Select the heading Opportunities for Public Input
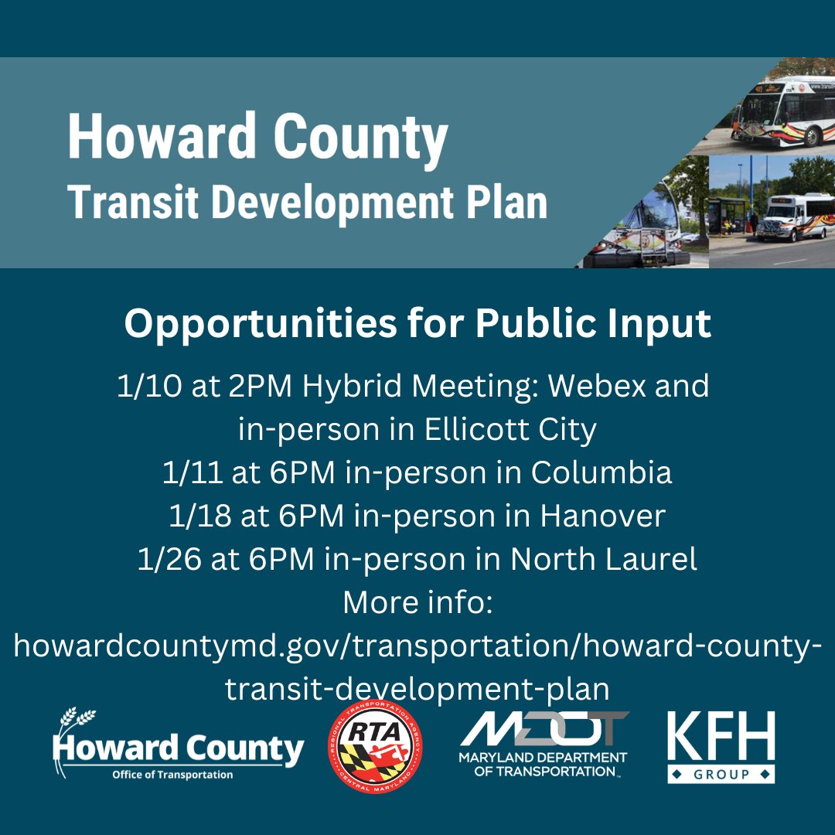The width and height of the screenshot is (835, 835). tap(417, 324)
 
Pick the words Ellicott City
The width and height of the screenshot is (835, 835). tap(511, 430)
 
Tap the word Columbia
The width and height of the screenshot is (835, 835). tap(601, 473)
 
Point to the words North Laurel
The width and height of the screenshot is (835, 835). tap(603, 560)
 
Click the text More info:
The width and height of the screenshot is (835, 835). tap(417, 602)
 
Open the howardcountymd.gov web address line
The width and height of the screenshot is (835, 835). tap(417, 646)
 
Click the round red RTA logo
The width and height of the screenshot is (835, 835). tap(376, 746)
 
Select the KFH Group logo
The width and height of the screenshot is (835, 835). tap(721, 748)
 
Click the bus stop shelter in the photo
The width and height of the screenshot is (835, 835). tap(728, 214)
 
